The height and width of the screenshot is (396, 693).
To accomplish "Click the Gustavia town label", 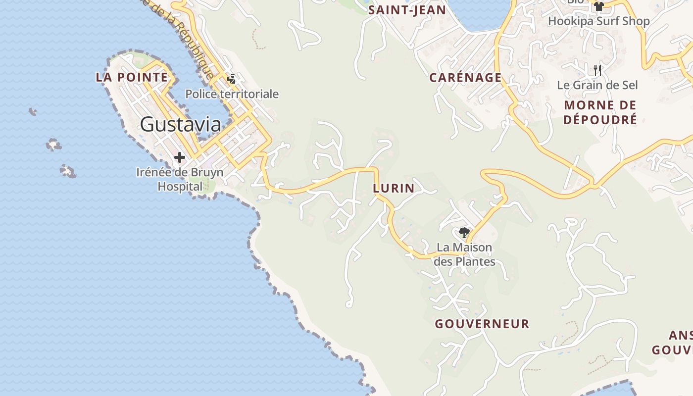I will click(x=180, y=124).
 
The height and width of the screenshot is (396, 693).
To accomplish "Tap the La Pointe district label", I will click(x=132, y=77).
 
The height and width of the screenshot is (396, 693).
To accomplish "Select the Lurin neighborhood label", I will click(x=394, y=188).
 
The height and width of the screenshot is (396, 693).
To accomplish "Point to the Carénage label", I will click(x=465, y=78).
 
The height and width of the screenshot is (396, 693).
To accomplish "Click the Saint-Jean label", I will click(x=407, y=10).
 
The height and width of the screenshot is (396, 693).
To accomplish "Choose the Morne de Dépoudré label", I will click(x=600, y=112).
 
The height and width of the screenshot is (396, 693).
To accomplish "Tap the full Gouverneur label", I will click(x=482, y=324).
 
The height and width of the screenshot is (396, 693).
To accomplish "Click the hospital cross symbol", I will click(x=180, y=158).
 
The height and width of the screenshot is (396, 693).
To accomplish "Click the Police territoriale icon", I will click(x=231, y=78).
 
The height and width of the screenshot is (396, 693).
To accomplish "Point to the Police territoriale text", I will click(x=232, y=94).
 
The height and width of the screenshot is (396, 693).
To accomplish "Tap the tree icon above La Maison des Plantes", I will click(x=464, y=232).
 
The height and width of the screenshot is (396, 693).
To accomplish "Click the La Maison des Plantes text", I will click(x=464, y=254).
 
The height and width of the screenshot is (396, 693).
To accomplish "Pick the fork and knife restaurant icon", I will click(x=597, y=70).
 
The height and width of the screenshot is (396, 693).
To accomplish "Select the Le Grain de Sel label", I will click(x=597, y=85).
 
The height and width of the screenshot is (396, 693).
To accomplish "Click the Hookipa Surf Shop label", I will click(x=598, y=21).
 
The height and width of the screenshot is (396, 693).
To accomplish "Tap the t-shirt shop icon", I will click(x=598, y=6).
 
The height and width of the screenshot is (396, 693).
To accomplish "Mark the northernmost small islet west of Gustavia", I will click(x=33, y=111).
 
